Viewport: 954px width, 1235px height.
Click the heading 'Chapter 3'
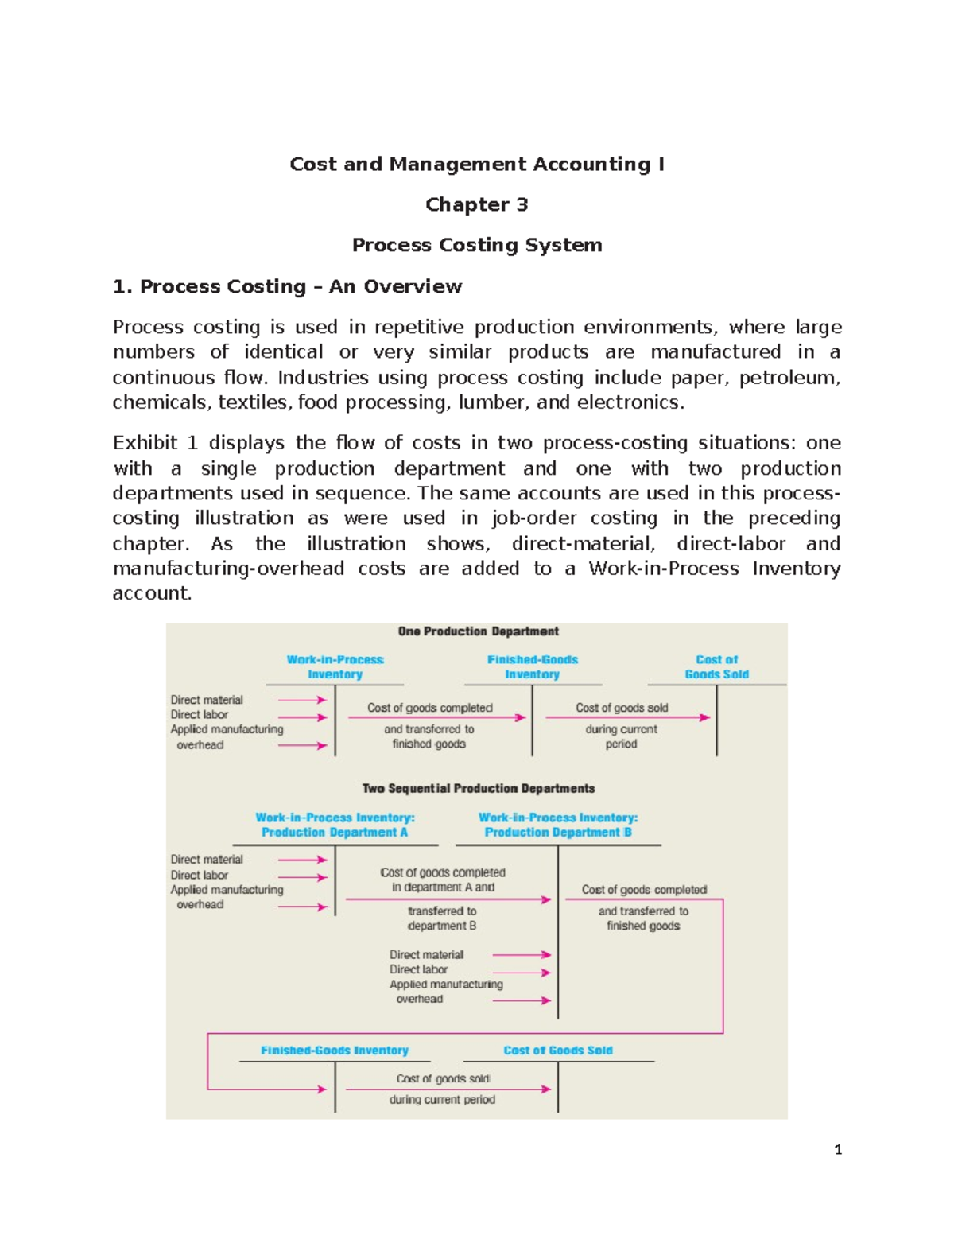476,204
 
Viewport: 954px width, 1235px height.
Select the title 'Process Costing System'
476,245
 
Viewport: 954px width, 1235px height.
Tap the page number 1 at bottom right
837,1149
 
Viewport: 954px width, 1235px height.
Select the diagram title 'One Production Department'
478,631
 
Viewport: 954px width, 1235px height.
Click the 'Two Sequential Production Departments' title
478,789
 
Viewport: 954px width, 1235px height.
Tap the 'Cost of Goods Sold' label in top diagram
716,667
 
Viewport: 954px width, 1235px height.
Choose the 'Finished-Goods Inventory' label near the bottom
334,1051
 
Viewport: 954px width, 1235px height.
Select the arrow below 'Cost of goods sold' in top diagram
627,718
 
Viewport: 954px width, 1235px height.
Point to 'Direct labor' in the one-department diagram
199,715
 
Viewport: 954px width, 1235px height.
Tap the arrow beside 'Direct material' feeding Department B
521,955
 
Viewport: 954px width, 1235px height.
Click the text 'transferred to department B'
441,918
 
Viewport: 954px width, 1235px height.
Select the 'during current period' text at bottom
442,1100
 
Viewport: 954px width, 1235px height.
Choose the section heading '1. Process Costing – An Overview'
287,286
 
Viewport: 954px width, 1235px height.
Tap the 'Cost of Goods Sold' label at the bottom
557,1051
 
